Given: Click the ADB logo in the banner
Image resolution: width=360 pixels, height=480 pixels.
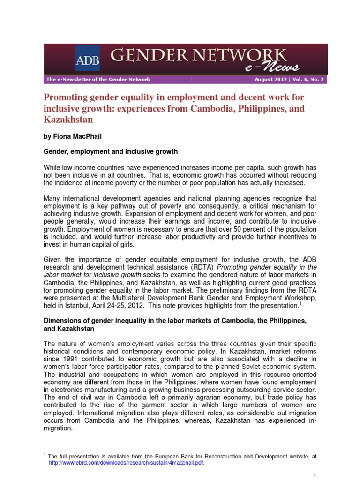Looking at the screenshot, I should [87, 58].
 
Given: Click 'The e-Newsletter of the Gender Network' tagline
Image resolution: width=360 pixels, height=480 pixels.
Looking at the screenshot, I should [98, 80].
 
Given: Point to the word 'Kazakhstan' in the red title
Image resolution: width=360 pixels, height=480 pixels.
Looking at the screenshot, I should [68, 120].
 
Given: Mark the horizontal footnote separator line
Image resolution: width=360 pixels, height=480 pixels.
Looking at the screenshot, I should [87, 450].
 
